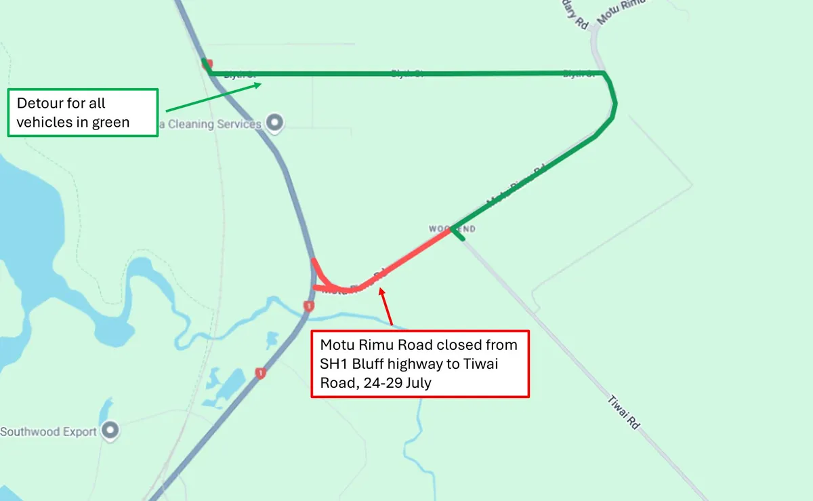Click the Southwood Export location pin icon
pyautogui.click(x=110, y=430)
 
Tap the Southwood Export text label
pyautogui.click(x=49, y=431)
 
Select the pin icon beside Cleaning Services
pyautogui.click(x=274, y=123)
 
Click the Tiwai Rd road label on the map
pyautogui.click(x=624, y=412)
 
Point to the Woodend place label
pyautogui.click(x=453, y=229)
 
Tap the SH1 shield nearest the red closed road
pyautogui.click(x=309, y=306)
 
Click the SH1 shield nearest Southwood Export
pyautogui.click(x=259, y=373)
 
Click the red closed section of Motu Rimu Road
pyautogui.click(x=406, y=257)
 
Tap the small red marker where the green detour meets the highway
pyautogui.click(x=207, y=64)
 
